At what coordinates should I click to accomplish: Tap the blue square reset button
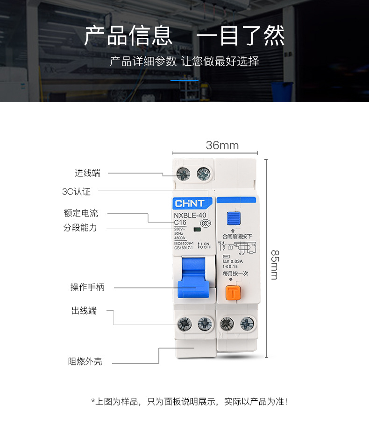coord(234,218)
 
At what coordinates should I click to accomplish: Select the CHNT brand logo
coord(190,203)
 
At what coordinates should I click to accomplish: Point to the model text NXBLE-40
coord(190,216)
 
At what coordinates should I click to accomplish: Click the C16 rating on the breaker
coord(180,223)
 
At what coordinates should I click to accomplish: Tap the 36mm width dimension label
coord(222,146)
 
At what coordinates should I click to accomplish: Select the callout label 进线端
coord(88,173)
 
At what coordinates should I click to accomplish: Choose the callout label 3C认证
coord(76,191)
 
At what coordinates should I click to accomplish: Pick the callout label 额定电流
coord(81,213)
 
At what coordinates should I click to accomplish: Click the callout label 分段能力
coord(80,228)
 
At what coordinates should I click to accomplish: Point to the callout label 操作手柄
coord(87,287)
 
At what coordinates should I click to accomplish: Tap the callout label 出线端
coord(84,311)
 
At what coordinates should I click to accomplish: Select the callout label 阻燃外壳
coord(85,362)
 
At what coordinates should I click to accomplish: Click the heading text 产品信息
coord(128,36)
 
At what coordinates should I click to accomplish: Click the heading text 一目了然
coord(240,36)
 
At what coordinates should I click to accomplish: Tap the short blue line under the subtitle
coord(184,81)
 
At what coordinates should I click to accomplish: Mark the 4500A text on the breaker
coord(180,238)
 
